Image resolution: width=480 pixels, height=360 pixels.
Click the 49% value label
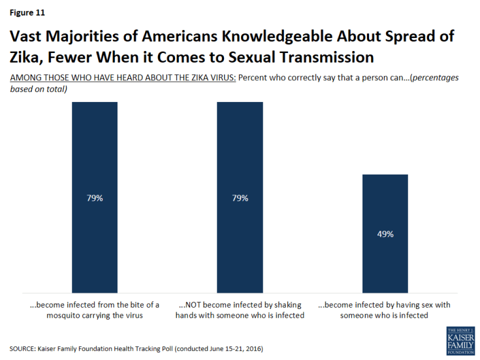(x=385, y=233)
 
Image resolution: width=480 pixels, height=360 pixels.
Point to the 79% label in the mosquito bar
(x=95, y=197)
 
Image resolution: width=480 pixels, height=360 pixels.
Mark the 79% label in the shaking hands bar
(x=240, y=197)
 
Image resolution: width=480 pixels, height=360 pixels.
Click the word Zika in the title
(x=24, y=57)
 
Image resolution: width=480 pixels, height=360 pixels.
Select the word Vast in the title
(x=26, y=36)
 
